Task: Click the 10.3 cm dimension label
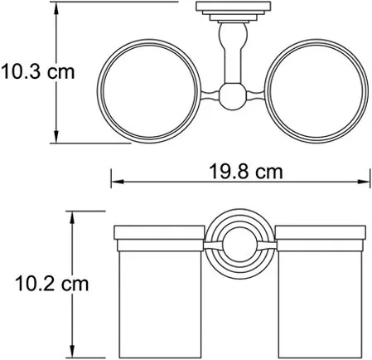tap(38, 72)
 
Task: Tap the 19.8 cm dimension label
tap(246, 172)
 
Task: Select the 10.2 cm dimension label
tap(52, 284)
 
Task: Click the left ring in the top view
tap(98, 91)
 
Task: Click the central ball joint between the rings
tap(233, 96)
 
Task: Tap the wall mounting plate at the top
tap(234, 7)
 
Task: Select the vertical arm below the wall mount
tap(233, 52)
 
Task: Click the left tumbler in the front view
tap(159, 292)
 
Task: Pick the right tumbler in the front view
tap(321, 292)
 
